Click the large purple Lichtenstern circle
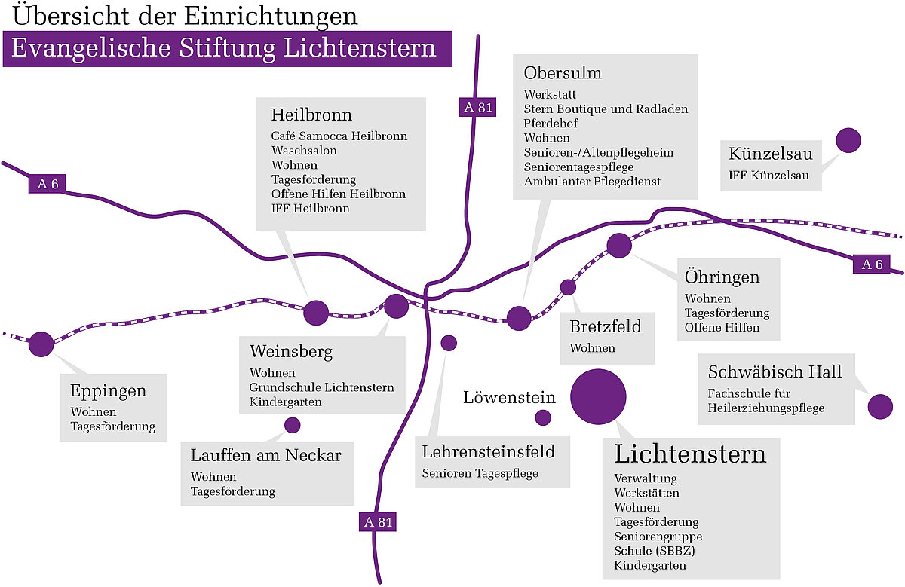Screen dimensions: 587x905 coord(598,397)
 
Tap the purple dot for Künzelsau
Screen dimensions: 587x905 coord(848,140)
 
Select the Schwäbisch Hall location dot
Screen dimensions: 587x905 coord(880,406)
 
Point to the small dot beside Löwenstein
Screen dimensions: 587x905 coord(543,417)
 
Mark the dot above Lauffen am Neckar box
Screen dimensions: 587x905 coord(292,425)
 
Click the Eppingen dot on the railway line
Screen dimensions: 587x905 coord(41,344)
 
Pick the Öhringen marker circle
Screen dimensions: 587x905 coord(618,246)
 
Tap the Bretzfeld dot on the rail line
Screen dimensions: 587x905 coord(568,286)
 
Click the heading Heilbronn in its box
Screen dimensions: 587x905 coord(311,115)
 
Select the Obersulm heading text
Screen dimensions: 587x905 coord(563,73)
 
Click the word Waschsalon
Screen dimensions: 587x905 coord(304,151)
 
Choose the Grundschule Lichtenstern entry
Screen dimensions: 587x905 coord(322,387)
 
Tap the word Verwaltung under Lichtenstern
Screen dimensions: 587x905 coord(646,478)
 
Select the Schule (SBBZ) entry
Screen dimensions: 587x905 coord(654,551)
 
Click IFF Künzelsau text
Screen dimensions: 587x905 coord(768,176)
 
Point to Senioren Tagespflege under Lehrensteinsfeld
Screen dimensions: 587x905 coord(480,474)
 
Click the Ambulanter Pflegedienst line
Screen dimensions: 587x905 coord(592,182)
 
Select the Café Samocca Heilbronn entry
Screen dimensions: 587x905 coord(339,136)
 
